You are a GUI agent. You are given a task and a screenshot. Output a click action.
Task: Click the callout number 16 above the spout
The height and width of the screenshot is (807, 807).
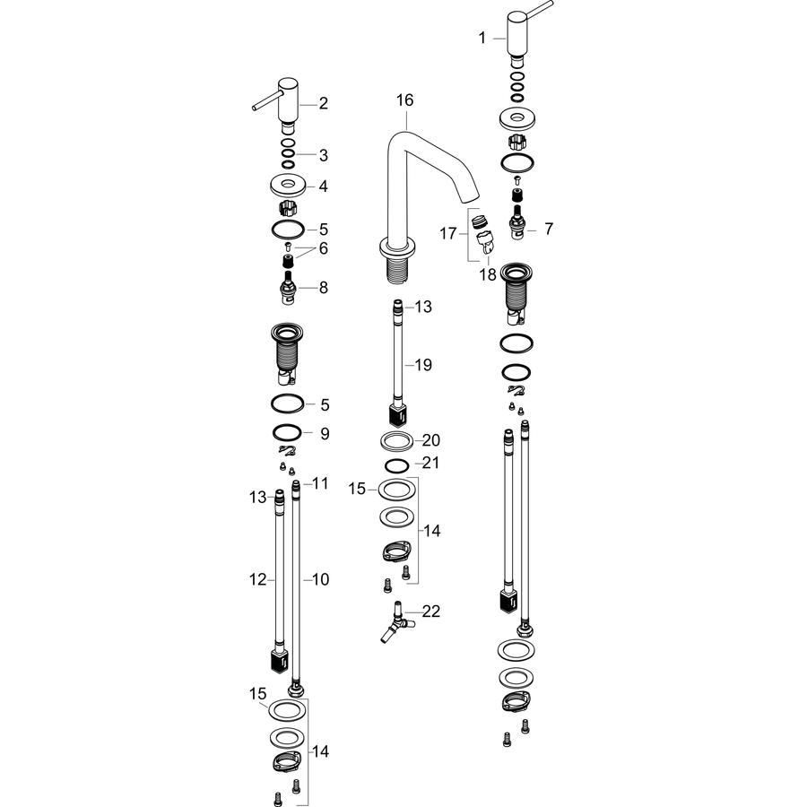(404, 100)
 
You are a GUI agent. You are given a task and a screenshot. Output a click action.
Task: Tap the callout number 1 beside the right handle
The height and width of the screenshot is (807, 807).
(482, 38)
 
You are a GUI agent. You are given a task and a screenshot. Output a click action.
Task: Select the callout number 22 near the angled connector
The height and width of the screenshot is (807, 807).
(431, 611)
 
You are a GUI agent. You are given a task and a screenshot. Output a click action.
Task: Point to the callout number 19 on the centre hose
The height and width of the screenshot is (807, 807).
(423, 365)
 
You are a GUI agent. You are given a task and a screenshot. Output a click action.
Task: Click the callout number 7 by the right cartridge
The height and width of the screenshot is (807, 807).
(549, 229)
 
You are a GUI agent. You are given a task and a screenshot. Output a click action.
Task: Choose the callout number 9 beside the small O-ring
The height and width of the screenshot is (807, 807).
(325, 433)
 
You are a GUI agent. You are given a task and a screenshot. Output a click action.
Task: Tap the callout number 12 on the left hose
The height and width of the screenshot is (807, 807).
(258, 579)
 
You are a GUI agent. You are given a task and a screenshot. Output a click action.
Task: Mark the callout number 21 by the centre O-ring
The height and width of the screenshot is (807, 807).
(430, 463)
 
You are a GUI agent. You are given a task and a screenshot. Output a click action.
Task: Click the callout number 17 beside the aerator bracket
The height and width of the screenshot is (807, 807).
(447, 234)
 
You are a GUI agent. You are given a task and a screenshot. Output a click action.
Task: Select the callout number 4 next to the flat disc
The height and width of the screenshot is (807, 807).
(323, 186)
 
